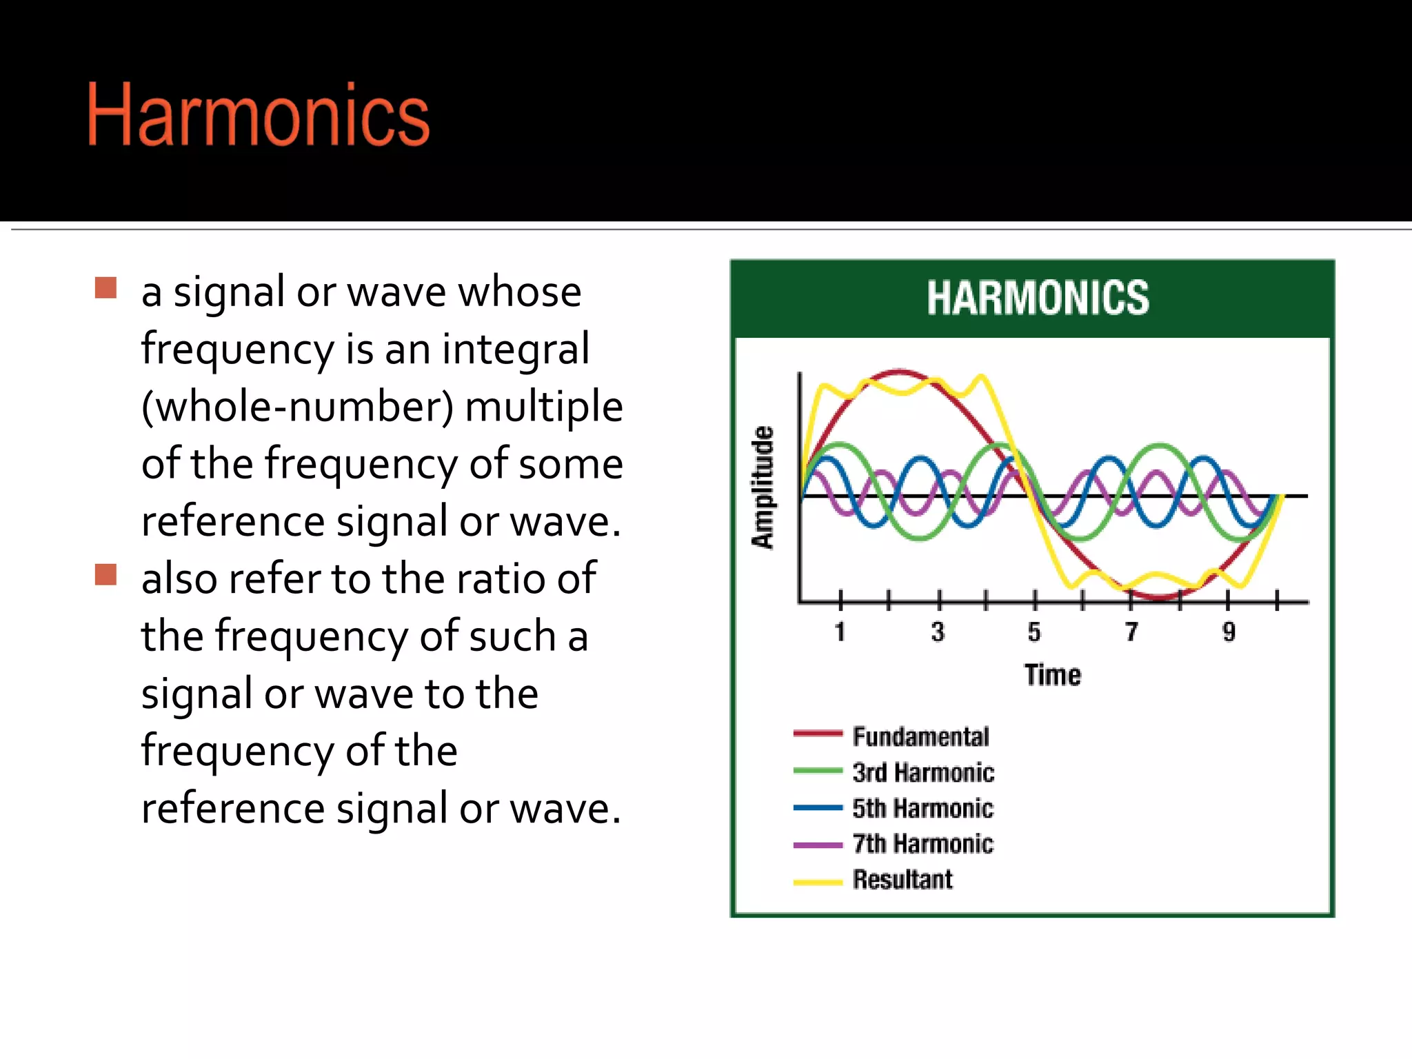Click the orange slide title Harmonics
[x=259, y=115]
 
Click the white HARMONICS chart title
[x=1038, y=298]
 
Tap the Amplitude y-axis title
[x=763, y=487]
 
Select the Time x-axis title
[x=1052, y=675]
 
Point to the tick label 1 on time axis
[x=840, y=632]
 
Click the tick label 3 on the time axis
[x=938, y=632]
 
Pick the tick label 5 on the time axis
[x=1034, y=632]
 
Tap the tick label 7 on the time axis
[x=1131, y=632]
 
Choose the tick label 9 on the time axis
[x=1229, y=632]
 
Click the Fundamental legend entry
[x=920, y=736]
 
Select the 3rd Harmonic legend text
[x=923, y=772]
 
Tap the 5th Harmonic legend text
[x=922, y=808]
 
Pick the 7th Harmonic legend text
[x=922, y=844]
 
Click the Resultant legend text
[x=902, y=880]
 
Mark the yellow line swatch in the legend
[x=818, y=882]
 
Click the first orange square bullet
[x=105, y=288]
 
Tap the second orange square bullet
[x=105, y=574]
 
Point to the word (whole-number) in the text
[x=297, y=406]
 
